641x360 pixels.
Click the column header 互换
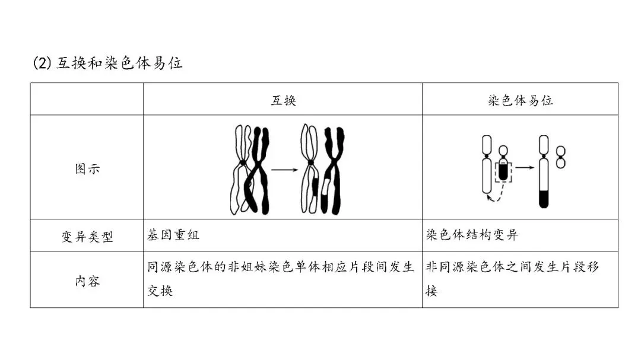[x=283, y=100]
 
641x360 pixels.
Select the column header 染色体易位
[x=520, y=100]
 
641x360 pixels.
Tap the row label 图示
[x=87, y=168]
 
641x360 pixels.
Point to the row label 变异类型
[x=87, y=236]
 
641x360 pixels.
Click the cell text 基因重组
[x=173, y=235]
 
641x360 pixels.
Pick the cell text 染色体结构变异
[x=472, y=235]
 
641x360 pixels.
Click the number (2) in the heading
[x=43, y=63]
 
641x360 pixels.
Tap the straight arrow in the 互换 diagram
[x=284, y=170]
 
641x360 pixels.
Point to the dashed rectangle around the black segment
[x=503, y=171]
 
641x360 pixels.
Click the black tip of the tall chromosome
[x=543, y=199]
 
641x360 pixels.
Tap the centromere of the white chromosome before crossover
[x=242, y=163]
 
